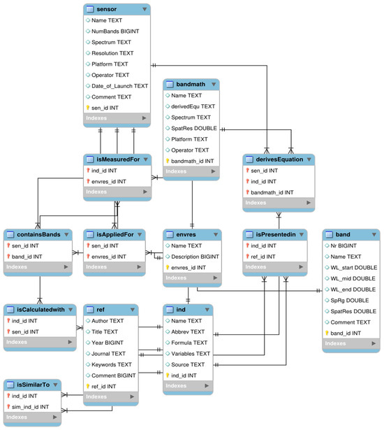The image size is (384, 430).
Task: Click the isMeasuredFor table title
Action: (x=117, y=159)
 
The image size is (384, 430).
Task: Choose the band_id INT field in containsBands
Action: (x=29, y=257)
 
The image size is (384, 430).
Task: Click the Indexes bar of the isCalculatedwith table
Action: (x=38, y=343)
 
